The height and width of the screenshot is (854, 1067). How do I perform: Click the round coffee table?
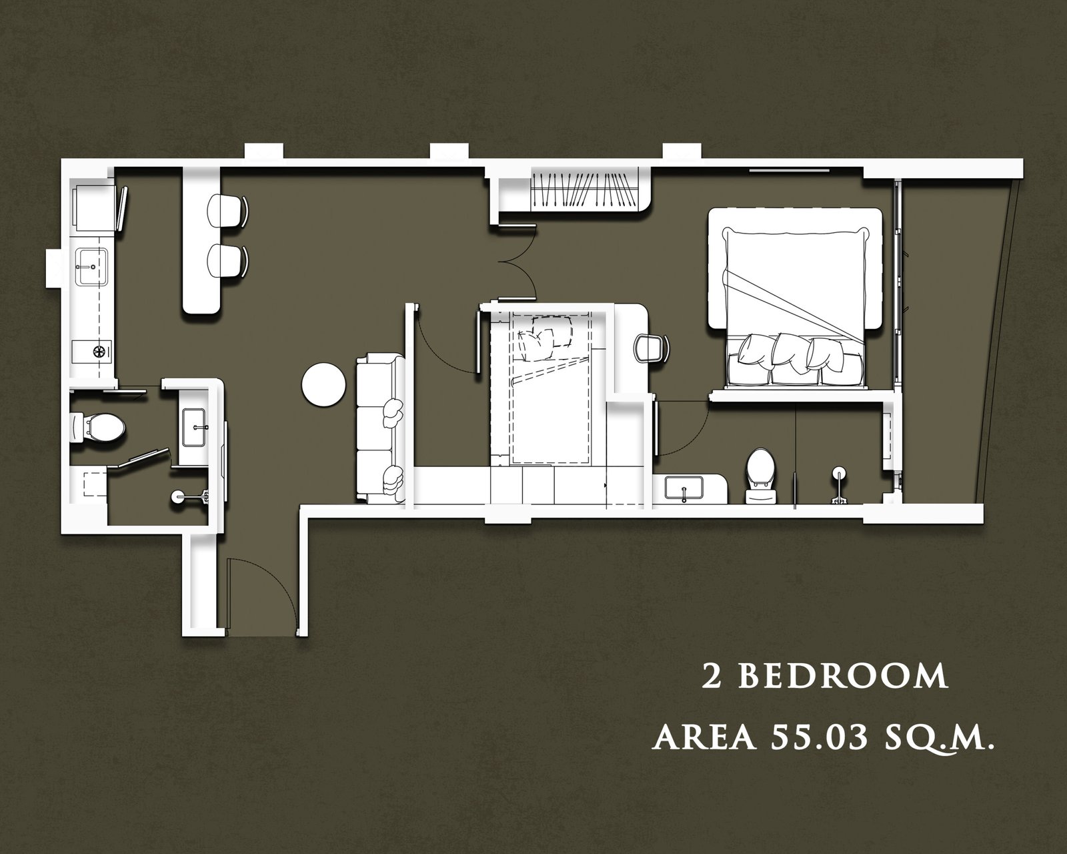(x=323, y=386)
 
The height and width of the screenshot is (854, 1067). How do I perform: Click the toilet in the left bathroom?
(x=97, y=428)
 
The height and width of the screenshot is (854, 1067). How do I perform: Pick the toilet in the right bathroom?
(x=760, y=476)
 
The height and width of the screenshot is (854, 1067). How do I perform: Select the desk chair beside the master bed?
(x=652, y=348)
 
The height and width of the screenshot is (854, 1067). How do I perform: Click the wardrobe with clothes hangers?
(x=585, y=189)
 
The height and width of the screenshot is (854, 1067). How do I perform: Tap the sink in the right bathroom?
(x=684, y=488)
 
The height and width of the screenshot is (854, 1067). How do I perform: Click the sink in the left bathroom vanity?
(x=194, y=428)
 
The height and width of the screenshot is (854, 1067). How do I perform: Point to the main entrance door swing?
(x=261, y=596)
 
